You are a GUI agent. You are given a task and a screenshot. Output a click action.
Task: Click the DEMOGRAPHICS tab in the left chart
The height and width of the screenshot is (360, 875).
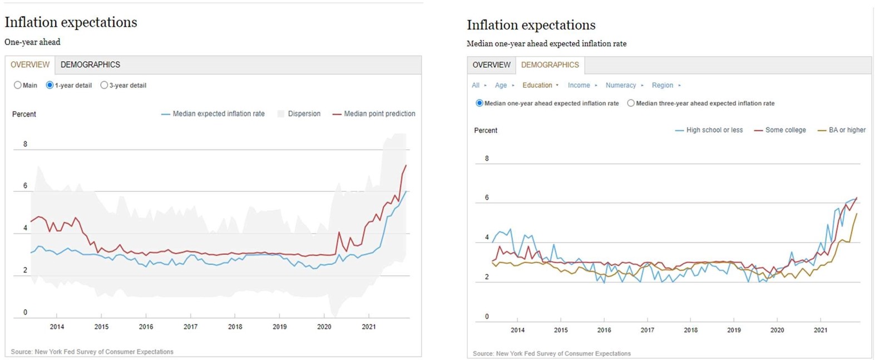point(90,65)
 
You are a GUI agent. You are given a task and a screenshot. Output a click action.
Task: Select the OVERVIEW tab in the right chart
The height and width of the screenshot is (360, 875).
point(491,65)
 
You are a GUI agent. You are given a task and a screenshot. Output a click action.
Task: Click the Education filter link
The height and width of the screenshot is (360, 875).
point(537,85)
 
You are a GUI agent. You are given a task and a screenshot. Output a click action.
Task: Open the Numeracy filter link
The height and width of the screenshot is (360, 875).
point(620,85)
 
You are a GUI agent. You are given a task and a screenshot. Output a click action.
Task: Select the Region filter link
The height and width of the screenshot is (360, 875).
point(662,85)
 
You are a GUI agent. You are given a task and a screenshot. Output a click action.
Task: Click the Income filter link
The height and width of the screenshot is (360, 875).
point(579,85)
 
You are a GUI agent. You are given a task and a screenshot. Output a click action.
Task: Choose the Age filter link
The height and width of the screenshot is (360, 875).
point(501,85)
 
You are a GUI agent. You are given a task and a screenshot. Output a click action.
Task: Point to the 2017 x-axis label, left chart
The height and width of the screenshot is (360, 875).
point(190,327)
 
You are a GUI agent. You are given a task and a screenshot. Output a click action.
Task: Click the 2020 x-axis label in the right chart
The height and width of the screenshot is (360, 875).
point(777,330)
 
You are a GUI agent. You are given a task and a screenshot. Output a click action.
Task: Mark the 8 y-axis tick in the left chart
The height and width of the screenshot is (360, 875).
point(25,144)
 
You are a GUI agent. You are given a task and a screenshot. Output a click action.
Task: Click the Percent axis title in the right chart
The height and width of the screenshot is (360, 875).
point(486,130)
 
